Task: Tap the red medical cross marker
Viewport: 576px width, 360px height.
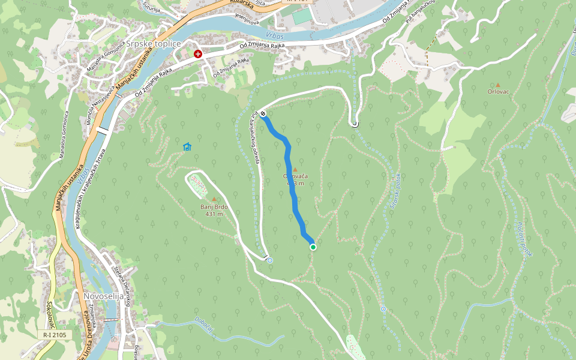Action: coord(198,54)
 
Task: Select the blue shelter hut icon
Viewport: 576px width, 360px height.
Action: coord(187,146)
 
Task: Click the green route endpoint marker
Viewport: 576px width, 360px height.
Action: coord(313,247)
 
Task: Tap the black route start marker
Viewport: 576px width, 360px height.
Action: coord(263,114)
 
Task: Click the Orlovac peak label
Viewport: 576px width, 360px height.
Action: coord(497,92)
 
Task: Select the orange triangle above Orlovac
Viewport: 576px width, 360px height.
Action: coord(497,85)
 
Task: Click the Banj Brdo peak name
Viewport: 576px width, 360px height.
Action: coord(214,207)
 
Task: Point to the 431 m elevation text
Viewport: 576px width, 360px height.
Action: coord(214,214)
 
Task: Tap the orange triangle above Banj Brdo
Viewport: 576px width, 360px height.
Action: coord(214,199)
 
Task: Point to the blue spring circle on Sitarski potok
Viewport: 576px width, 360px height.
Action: coord(383,309)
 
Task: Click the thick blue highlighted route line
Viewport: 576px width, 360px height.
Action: coord(293,180)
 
